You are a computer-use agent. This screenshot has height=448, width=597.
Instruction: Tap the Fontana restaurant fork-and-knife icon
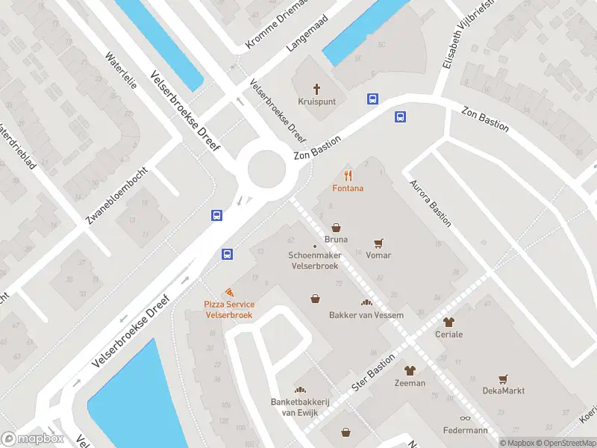coord(348,176)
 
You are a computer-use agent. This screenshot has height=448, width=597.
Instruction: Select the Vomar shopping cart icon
coord(378,243)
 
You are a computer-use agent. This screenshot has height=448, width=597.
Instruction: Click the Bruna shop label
coord(336,240)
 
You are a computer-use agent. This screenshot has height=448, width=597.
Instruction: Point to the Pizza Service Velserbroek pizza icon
coord(230,292)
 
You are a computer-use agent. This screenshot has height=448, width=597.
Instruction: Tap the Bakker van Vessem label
coord(366,315)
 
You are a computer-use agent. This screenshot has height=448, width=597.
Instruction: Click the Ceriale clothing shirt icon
coord(448,323)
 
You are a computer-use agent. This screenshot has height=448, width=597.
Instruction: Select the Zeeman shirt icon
coord(410,370)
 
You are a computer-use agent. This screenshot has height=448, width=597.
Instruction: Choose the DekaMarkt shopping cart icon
coord(503,379)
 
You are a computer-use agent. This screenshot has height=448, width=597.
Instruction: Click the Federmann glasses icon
coord(465,418)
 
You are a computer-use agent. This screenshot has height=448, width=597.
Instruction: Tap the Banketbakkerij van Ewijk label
coord(300,406)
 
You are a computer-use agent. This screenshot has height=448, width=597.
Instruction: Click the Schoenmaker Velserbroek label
coord(314,261)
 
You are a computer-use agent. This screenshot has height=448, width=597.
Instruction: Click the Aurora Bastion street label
coord(429,197)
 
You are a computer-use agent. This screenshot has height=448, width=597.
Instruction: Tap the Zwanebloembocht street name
coord(116,196)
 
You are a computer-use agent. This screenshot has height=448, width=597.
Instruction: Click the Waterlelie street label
coord(121,71)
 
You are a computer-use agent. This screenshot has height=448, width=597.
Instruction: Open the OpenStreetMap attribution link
coord(566,443)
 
